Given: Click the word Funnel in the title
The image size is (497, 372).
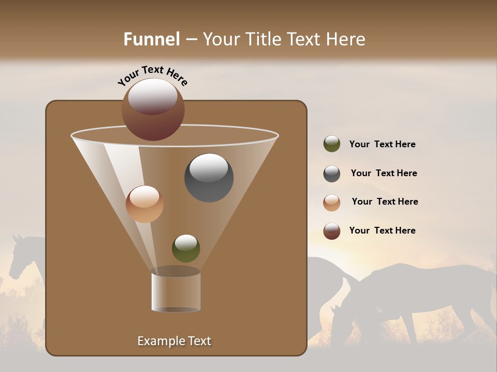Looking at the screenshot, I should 152,39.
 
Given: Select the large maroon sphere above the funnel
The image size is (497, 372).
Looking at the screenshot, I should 153,110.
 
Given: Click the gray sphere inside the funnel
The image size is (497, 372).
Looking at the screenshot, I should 209,178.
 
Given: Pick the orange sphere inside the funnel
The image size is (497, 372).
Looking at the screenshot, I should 144,204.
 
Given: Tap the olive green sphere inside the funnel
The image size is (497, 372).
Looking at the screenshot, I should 186,249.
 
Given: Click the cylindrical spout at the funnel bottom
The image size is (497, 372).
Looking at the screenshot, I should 176,291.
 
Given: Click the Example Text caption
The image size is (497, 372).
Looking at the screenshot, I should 174,341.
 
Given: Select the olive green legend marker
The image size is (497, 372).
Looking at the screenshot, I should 332,144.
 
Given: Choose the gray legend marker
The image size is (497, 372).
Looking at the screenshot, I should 332,174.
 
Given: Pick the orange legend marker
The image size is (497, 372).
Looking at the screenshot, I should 332,203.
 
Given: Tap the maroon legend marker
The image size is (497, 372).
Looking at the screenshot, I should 332,231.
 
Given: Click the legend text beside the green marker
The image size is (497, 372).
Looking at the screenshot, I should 382,144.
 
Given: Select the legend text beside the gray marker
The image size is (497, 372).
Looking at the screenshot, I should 384,173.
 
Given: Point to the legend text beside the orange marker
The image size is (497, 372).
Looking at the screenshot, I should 385,202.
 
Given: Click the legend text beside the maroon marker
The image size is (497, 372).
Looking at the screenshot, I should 382,230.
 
